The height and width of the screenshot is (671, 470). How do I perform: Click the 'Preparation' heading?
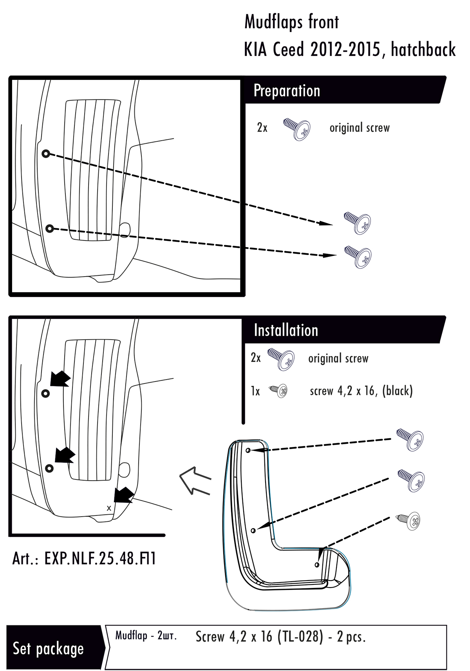(287, 91)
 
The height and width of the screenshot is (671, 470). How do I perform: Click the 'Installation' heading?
(286, 330)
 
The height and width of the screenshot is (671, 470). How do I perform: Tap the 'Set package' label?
(48, 648)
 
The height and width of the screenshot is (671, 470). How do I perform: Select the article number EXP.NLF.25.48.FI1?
(84, 559)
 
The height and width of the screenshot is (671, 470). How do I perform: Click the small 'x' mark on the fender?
(109, 508)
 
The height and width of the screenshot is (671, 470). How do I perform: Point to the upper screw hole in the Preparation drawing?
(46, 154)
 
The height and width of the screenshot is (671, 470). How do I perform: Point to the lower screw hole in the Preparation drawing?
(49, 228)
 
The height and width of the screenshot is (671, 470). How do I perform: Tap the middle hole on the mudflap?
(253, 530)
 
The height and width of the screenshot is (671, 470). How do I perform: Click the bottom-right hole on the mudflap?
(317, 565)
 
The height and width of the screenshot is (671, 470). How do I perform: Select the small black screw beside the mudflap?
(410, 521)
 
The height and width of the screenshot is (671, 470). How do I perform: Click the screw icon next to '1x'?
(279, 391)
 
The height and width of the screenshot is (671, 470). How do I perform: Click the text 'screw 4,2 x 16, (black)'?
(361, 391)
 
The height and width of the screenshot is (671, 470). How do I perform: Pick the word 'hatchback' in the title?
(423, 50)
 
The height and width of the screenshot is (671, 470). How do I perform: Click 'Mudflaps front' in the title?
(291, 22)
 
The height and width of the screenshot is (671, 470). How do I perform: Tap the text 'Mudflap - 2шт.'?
(146, 635)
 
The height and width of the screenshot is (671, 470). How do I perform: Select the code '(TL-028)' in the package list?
(300, 637)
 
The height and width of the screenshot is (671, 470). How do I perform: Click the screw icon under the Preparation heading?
(297, 128)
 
